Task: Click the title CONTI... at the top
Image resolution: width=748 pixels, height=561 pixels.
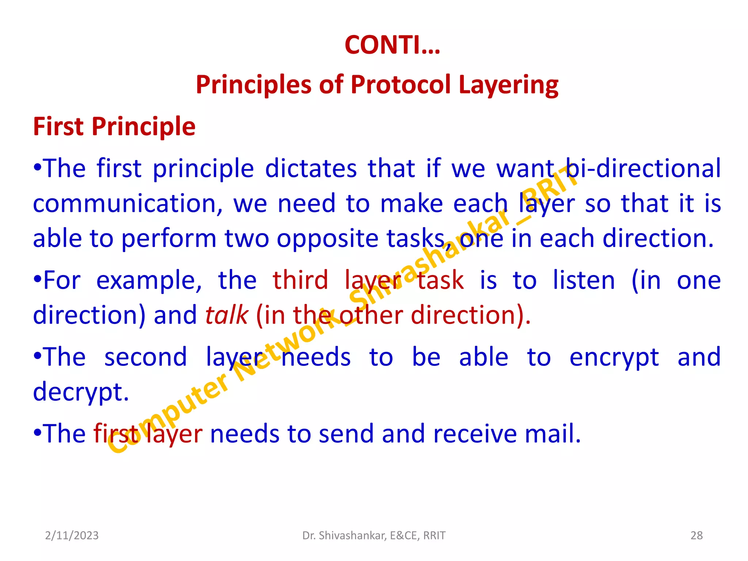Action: tap(392, 45)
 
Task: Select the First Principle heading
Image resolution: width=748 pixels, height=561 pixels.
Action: tap(114, 126)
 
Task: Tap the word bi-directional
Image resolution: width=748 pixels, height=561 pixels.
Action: tap(643, 168)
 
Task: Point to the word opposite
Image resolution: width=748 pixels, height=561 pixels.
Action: tap(327, 238)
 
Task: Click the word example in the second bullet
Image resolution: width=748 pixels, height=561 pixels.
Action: tap(149, 280)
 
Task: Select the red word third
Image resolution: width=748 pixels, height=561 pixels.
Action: tap(300, 280)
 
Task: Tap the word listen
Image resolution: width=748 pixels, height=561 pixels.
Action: tap(584, 280)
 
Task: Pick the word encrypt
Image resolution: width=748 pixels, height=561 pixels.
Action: tap(614, 357)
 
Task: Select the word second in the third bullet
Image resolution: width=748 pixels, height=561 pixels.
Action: tap(145, 357)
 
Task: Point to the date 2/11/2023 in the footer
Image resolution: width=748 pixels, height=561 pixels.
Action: tap(72, 535)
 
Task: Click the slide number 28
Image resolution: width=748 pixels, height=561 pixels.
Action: tap(697, 535)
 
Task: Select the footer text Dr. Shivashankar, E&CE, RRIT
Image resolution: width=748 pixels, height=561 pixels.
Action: tap(374, 535)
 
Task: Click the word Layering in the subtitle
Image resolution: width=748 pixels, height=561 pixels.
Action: tap(508, 85)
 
